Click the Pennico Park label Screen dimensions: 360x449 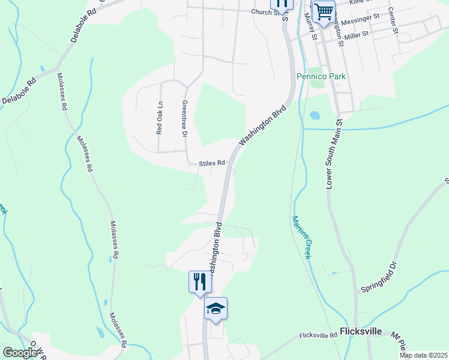click(321, 77)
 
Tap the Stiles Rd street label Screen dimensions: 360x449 click(212, 163)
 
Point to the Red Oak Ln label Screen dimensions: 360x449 click(160, 118)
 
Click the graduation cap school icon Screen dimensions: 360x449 click(215, 309)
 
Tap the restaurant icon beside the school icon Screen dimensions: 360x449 click(200, 282)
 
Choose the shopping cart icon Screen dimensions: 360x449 click(324, 11)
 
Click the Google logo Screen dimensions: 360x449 click(20, 353)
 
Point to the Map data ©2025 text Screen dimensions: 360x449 click(423, 355)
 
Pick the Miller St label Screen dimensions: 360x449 click(356, 35)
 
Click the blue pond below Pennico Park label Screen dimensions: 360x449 click(315, 115)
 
